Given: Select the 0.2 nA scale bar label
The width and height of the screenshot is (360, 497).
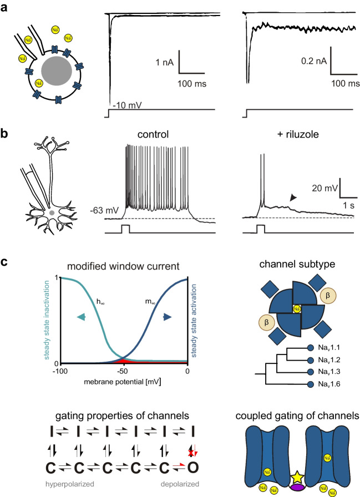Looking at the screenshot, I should tap(311, 63).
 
